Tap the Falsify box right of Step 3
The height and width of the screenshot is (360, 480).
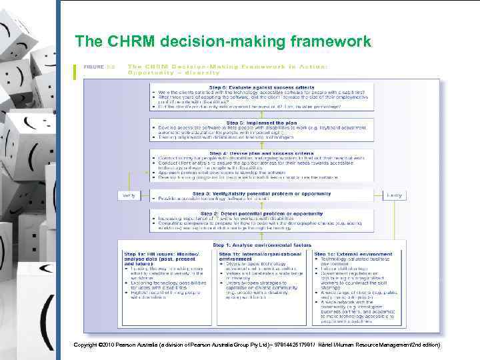(395, 195)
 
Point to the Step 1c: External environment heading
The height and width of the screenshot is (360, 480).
(351, 254)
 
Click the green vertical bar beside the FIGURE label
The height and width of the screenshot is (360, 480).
(74, 70)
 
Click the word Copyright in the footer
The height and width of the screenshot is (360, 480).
(89, 344)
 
